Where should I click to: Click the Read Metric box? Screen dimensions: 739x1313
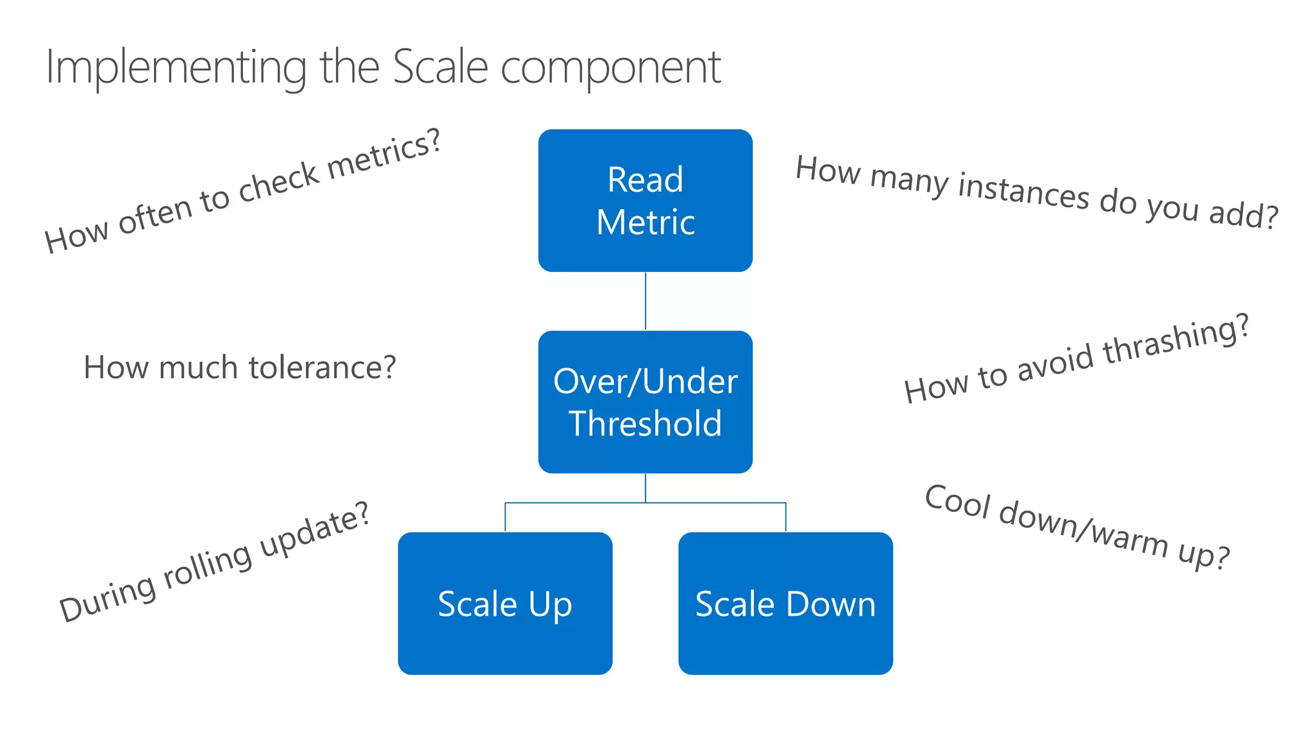645,200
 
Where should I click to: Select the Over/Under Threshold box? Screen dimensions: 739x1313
645,402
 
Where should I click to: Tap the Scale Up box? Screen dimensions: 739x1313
505,603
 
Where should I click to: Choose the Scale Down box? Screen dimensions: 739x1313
785,603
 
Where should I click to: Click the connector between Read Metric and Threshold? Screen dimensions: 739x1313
645,301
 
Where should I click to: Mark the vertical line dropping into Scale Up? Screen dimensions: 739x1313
505,517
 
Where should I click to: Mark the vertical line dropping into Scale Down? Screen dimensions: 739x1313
785,517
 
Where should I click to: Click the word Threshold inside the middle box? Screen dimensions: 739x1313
645,423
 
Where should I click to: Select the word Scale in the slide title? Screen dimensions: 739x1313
440,67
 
